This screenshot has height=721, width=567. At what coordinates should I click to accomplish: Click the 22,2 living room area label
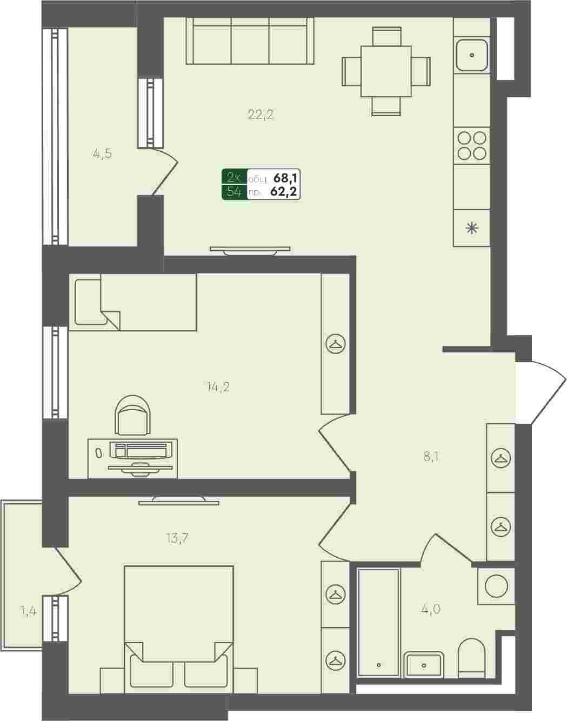pos(261,115)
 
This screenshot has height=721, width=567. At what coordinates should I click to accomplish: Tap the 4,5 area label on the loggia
pos(102,154)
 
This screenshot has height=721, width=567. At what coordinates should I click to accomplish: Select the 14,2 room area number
pos(218,388)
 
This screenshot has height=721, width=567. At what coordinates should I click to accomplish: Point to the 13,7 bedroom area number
pos(178,538)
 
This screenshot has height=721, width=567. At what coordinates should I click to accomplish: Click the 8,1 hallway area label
pos(431,456)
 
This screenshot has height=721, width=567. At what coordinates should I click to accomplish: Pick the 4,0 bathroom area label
pos(430,609)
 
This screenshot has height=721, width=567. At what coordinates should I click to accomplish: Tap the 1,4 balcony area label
pos(29,612)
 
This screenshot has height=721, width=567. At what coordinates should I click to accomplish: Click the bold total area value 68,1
pos(286,178)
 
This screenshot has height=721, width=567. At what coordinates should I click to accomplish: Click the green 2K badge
pos(234,177)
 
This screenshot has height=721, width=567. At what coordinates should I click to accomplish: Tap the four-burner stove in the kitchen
pos(472,146)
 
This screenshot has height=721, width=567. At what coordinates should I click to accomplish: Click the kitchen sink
pos(472,55)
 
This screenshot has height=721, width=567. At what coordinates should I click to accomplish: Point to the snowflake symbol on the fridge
pos(472,228)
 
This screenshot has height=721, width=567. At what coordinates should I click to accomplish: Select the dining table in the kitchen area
pos(386,71)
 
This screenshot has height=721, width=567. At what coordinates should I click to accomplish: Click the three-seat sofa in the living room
pos(250,41)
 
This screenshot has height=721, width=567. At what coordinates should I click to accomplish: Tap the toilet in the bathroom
pos(471,657)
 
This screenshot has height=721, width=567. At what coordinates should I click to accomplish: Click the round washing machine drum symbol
pos(496,586)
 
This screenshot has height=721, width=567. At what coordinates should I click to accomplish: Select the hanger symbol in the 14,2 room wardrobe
pos(336,344)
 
